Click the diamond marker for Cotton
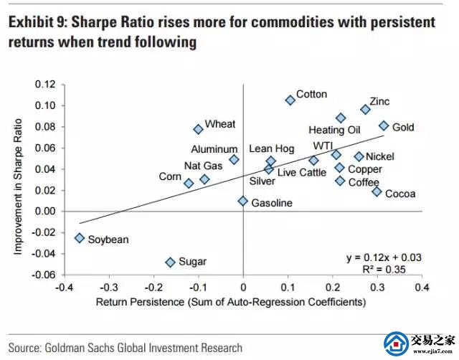pos(290,100)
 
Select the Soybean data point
pos(79,238)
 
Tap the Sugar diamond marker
pos(170,262)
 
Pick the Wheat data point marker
pos(198,129)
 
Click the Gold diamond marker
pos(384,125)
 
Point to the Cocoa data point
pos(377,191)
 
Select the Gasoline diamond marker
pos(243,202)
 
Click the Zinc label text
pos(379,101)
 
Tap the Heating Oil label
pos(334,131)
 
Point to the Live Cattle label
pos(301,173)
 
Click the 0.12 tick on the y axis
pos(44,85)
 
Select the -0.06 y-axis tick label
pos(43,275)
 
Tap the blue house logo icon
pos(397,343)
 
